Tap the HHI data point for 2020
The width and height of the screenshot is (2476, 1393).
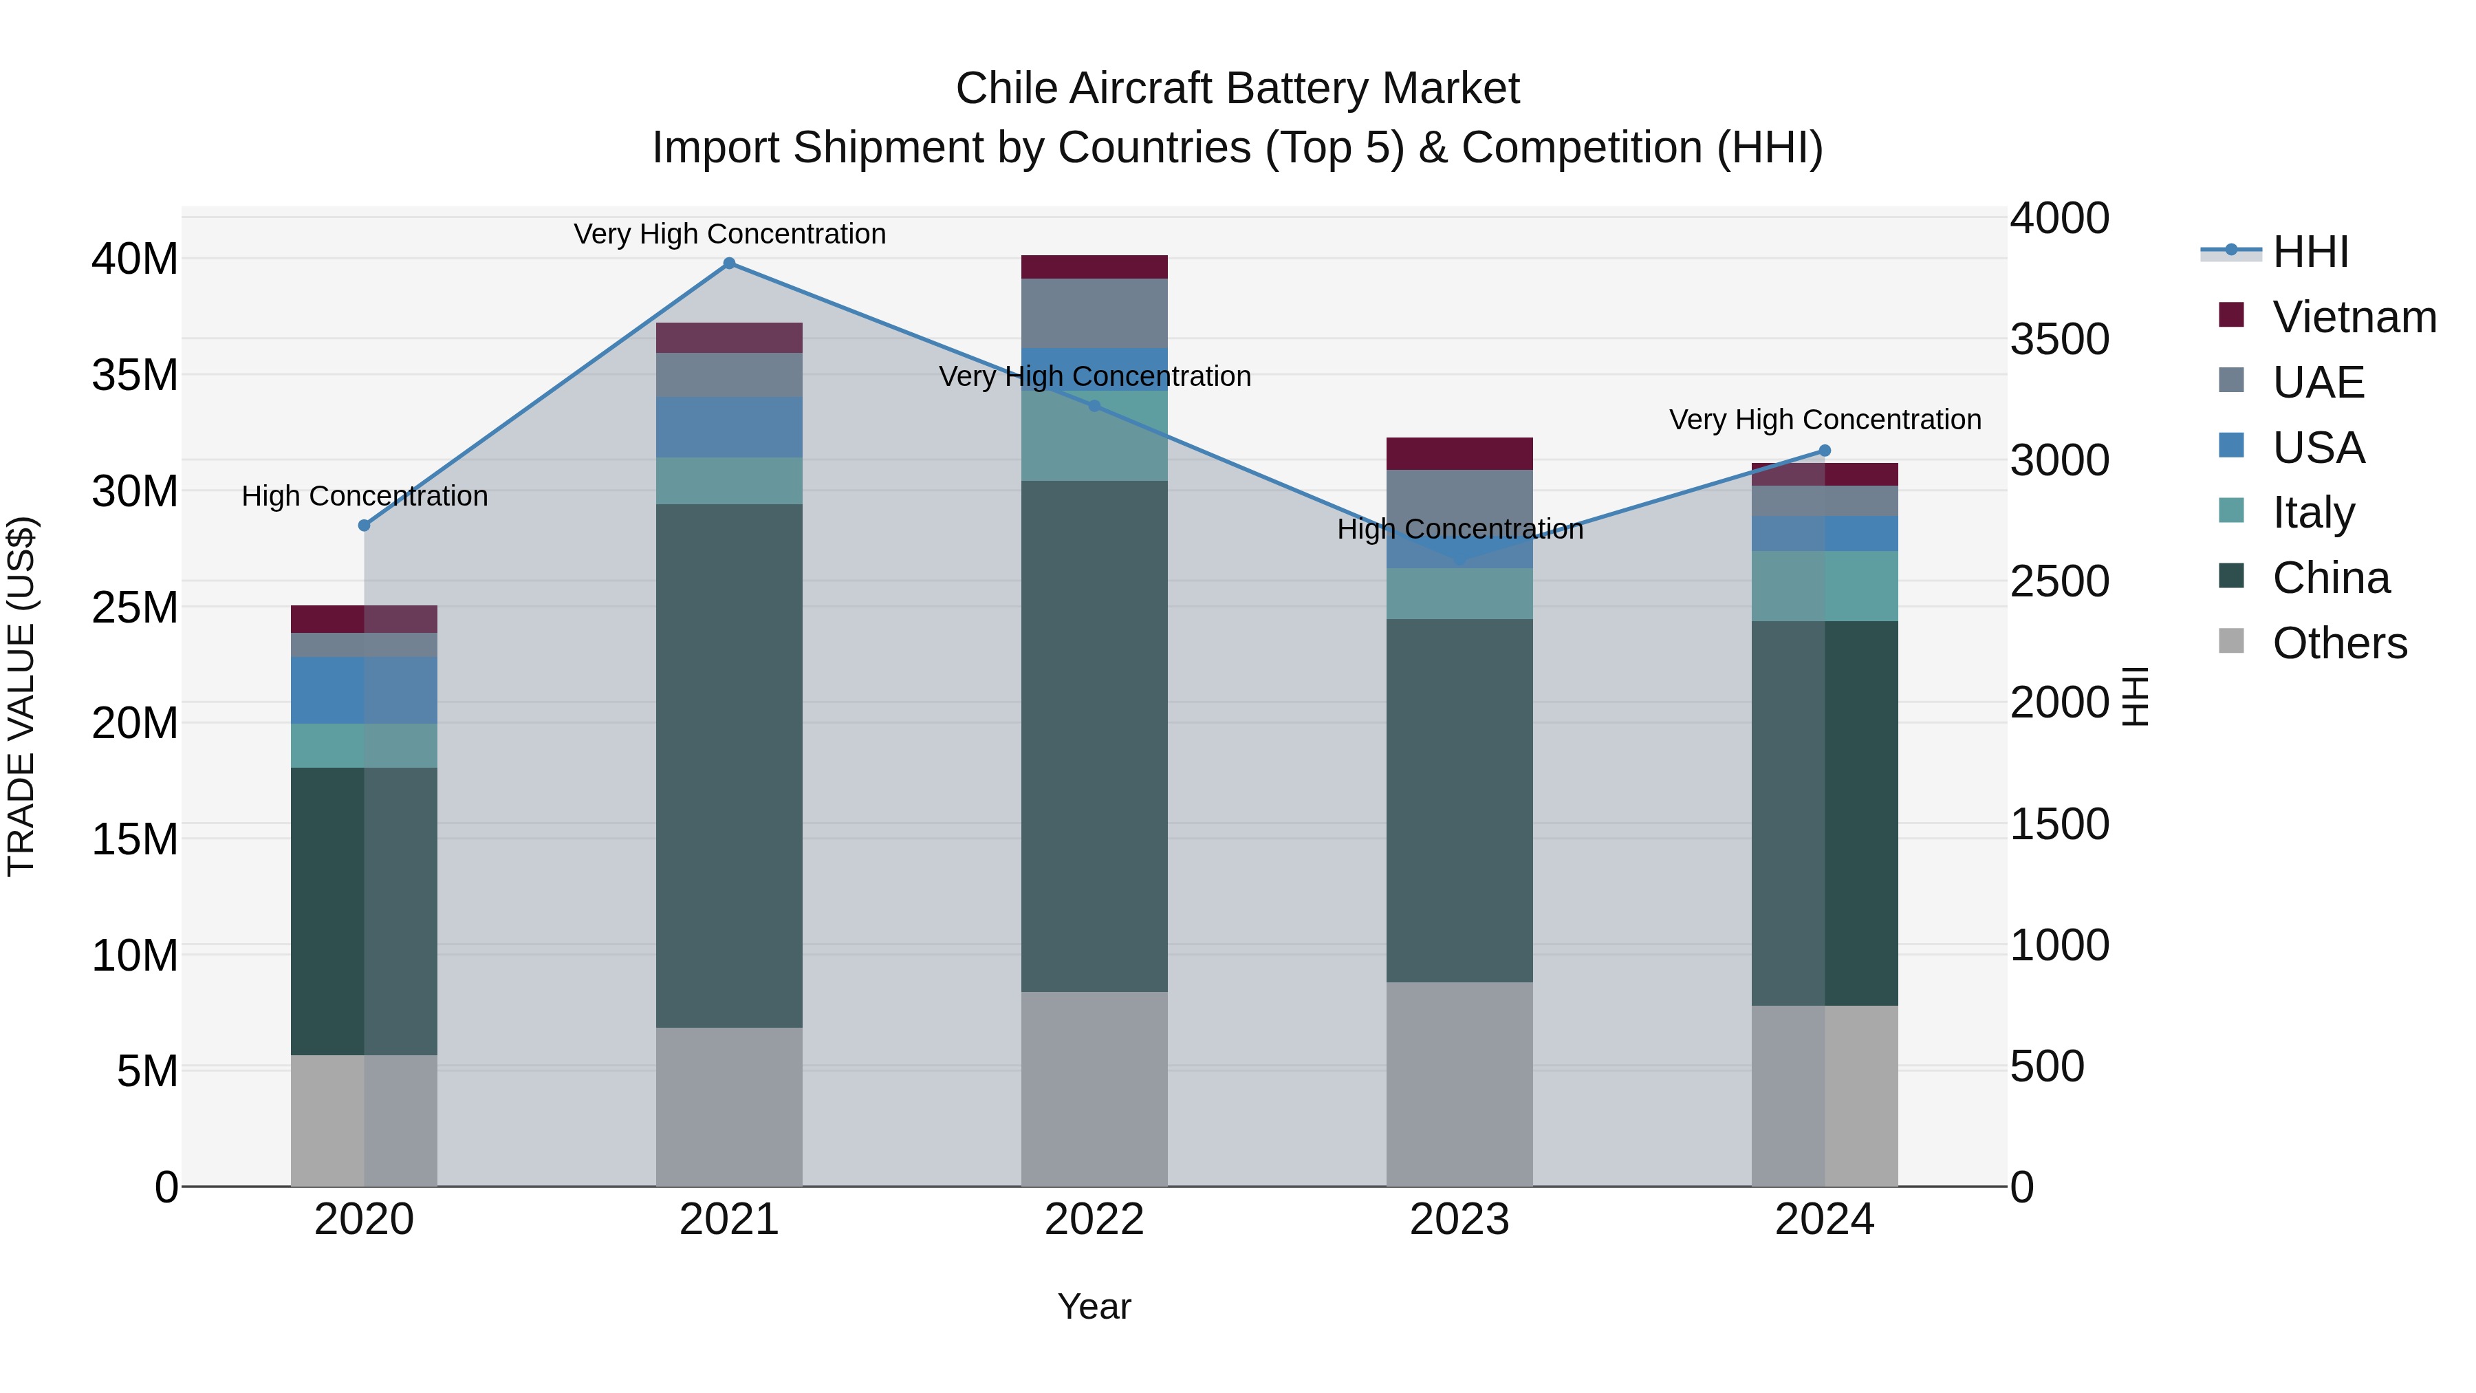365,525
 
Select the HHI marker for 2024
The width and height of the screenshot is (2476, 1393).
1824,451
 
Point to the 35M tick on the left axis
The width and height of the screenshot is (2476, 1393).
135,375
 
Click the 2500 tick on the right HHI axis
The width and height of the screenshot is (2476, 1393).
2059,581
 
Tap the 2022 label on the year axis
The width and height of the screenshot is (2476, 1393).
1094,1220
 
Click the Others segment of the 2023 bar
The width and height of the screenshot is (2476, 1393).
1459,1083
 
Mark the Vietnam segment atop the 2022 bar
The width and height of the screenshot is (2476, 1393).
1094,268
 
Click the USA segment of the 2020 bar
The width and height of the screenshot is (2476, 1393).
365,690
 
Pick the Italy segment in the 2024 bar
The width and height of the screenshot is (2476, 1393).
1824,586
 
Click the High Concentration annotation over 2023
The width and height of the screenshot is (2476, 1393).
1459,529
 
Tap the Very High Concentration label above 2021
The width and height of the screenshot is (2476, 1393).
730,234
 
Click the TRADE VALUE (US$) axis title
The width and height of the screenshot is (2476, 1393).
21,696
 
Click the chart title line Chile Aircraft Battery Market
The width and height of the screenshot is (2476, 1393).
1237,89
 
